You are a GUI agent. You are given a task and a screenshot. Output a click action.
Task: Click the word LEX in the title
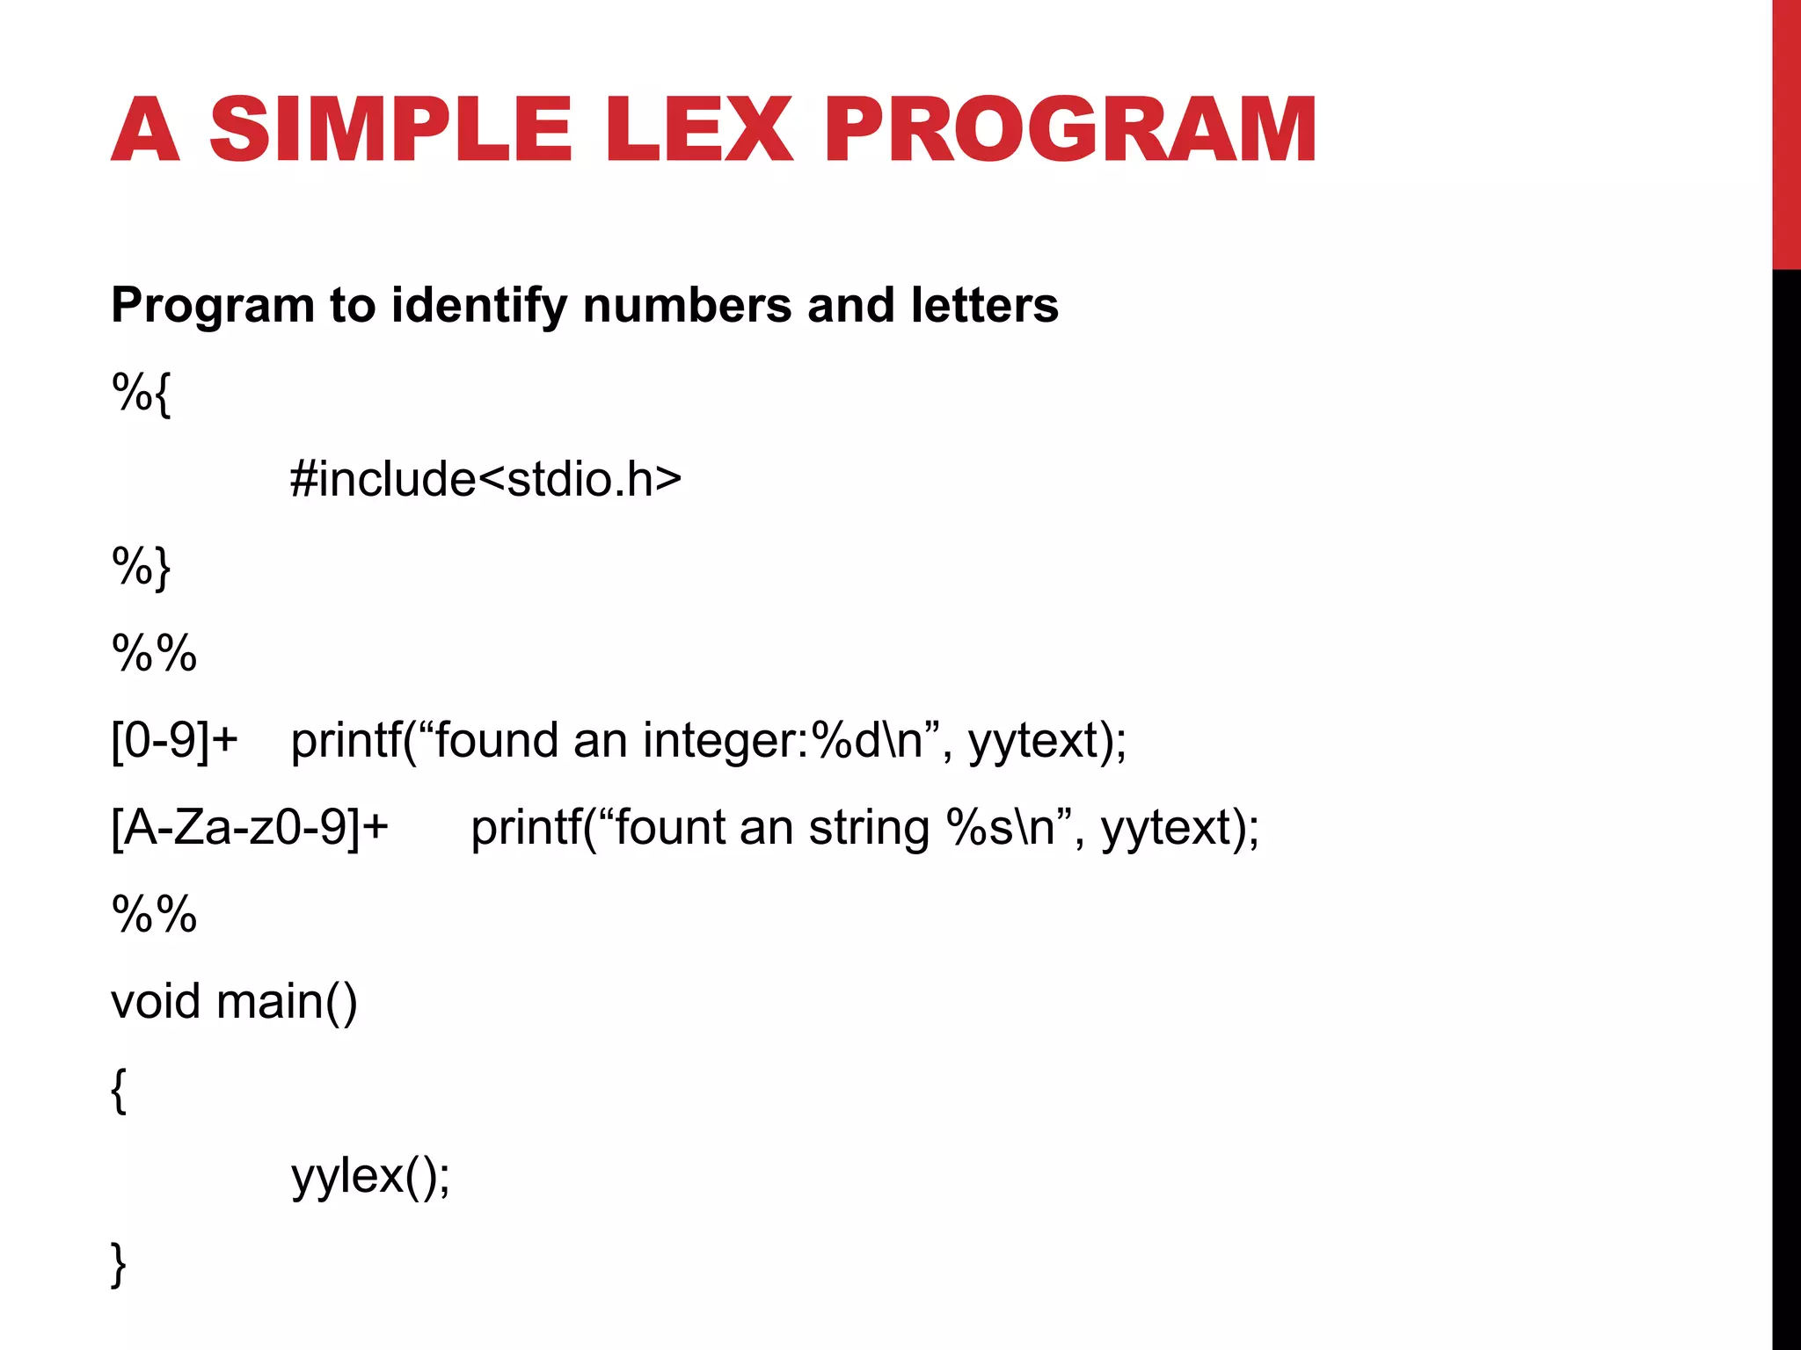(x=699, y=130)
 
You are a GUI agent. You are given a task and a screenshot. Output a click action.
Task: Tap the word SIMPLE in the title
(x=390, y=130)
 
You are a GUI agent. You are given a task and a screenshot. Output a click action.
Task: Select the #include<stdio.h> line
(x=485, y=479)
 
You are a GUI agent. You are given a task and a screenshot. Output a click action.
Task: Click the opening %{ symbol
(x=141, y=393)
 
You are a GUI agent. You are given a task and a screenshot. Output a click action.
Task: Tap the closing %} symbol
(x=141, y=567)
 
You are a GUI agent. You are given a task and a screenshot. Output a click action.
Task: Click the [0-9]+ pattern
(x=174, y=740)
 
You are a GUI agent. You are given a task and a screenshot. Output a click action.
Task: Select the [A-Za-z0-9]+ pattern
(x=250, y=828)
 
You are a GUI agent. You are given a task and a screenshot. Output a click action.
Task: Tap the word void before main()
(x=156, y=1001)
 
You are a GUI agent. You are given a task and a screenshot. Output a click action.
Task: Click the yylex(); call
(x=370, y=1176)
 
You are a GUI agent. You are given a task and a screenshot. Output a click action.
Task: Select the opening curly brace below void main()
(x=120, y=1090)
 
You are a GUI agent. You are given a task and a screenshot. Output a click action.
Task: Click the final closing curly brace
(x=120, y=1264)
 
